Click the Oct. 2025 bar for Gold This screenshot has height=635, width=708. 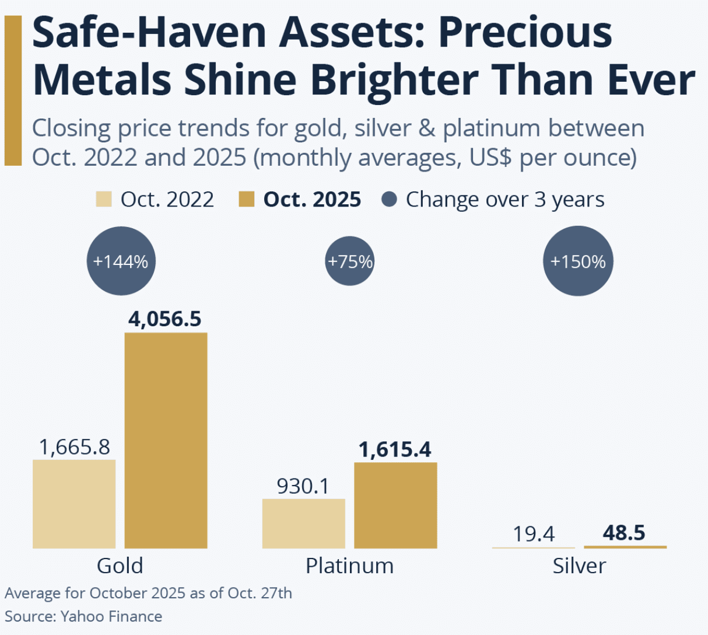pos(166,440)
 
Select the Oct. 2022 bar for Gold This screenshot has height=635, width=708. pos(74,504)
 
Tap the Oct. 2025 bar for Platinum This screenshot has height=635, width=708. pos(395,505)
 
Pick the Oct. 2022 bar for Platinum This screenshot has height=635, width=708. pos(303,524)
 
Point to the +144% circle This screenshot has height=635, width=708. pos(121,261)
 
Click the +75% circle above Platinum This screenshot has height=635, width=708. pos(350,261)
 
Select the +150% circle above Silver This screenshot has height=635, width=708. pos(578,261)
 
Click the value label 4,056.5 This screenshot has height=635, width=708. pos(165,319)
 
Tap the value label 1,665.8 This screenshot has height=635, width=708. pos(74,447)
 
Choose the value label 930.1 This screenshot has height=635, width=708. pos(303,486)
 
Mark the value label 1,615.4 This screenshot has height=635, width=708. pos(395,449)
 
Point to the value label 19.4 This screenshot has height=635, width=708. pos(534,533)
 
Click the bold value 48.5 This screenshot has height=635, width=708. pos(624,533)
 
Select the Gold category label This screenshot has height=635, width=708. pos(120,566)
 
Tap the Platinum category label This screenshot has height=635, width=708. pos(349,566)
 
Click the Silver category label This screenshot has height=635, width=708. pos(579,566)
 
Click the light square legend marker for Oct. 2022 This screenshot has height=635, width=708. pos(104,199)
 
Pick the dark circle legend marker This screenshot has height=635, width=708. pos(389,199)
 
